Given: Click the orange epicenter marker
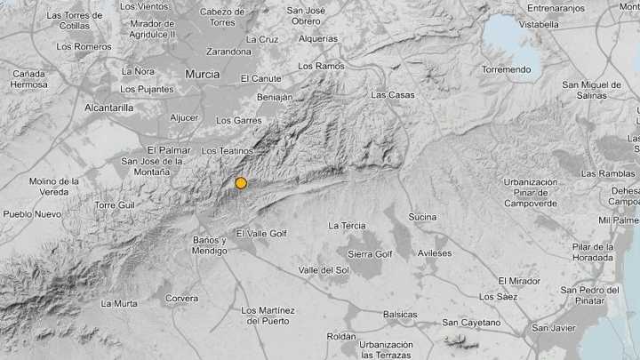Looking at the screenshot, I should pos(241,183).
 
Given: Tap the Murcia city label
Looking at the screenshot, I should pos(202,75).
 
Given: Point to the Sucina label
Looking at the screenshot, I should pos(422,217).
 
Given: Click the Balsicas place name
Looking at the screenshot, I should pos(400,314).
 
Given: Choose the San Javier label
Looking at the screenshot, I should pos(554,328).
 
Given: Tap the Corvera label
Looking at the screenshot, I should pos(181,299).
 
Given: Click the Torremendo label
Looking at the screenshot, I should pos(506,69).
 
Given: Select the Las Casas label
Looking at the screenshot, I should pos(391,94).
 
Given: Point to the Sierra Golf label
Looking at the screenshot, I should pos(370,254).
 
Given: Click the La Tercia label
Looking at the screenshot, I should pos(347,226).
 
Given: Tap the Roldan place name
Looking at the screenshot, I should pos(341,336).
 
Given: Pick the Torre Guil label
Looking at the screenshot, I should pos(115,205).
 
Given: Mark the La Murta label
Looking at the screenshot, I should pos(119,303).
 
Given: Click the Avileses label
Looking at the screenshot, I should pos(435,253).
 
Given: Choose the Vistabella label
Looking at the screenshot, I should pos(539,25).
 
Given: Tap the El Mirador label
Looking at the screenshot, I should pos(519,281).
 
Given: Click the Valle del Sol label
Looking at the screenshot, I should pos(324,269).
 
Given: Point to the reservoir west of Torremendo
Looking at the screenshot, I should pos(511,40).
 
